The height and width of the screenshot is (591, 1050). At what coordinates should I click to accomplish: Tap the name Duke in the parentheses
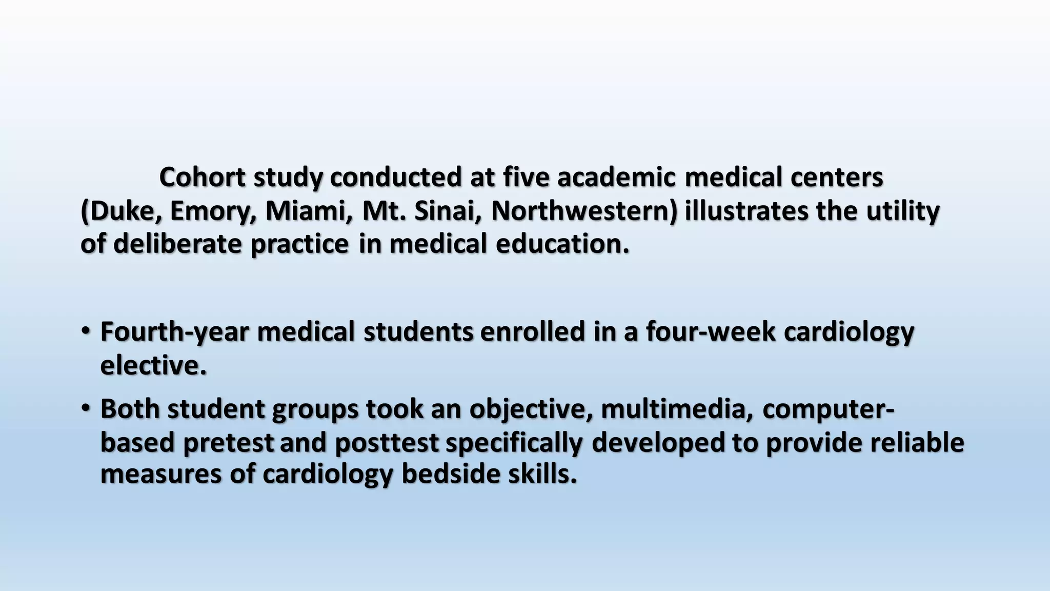click(x=122, y=211)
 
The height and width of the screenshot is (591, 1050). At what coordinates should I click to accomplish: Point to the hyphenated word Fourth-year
click(x=174, y=332)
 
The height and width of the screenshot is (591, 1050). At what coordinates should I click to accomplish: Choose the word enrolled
click(x=533, y=332)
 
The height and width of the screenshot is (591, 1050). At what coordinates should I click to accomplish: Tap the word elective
click(x=153, y=366)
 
